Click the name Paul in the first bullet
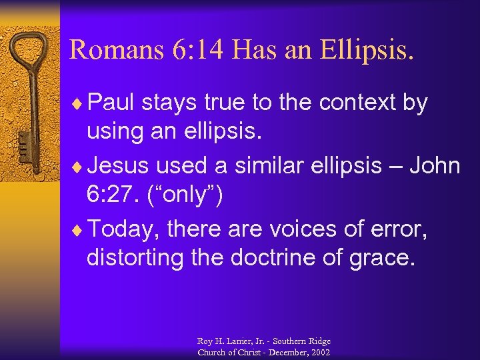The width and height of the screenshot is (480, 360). coord(111,103)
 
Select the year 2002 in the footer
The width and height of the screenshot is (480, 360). coord(320,352)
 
